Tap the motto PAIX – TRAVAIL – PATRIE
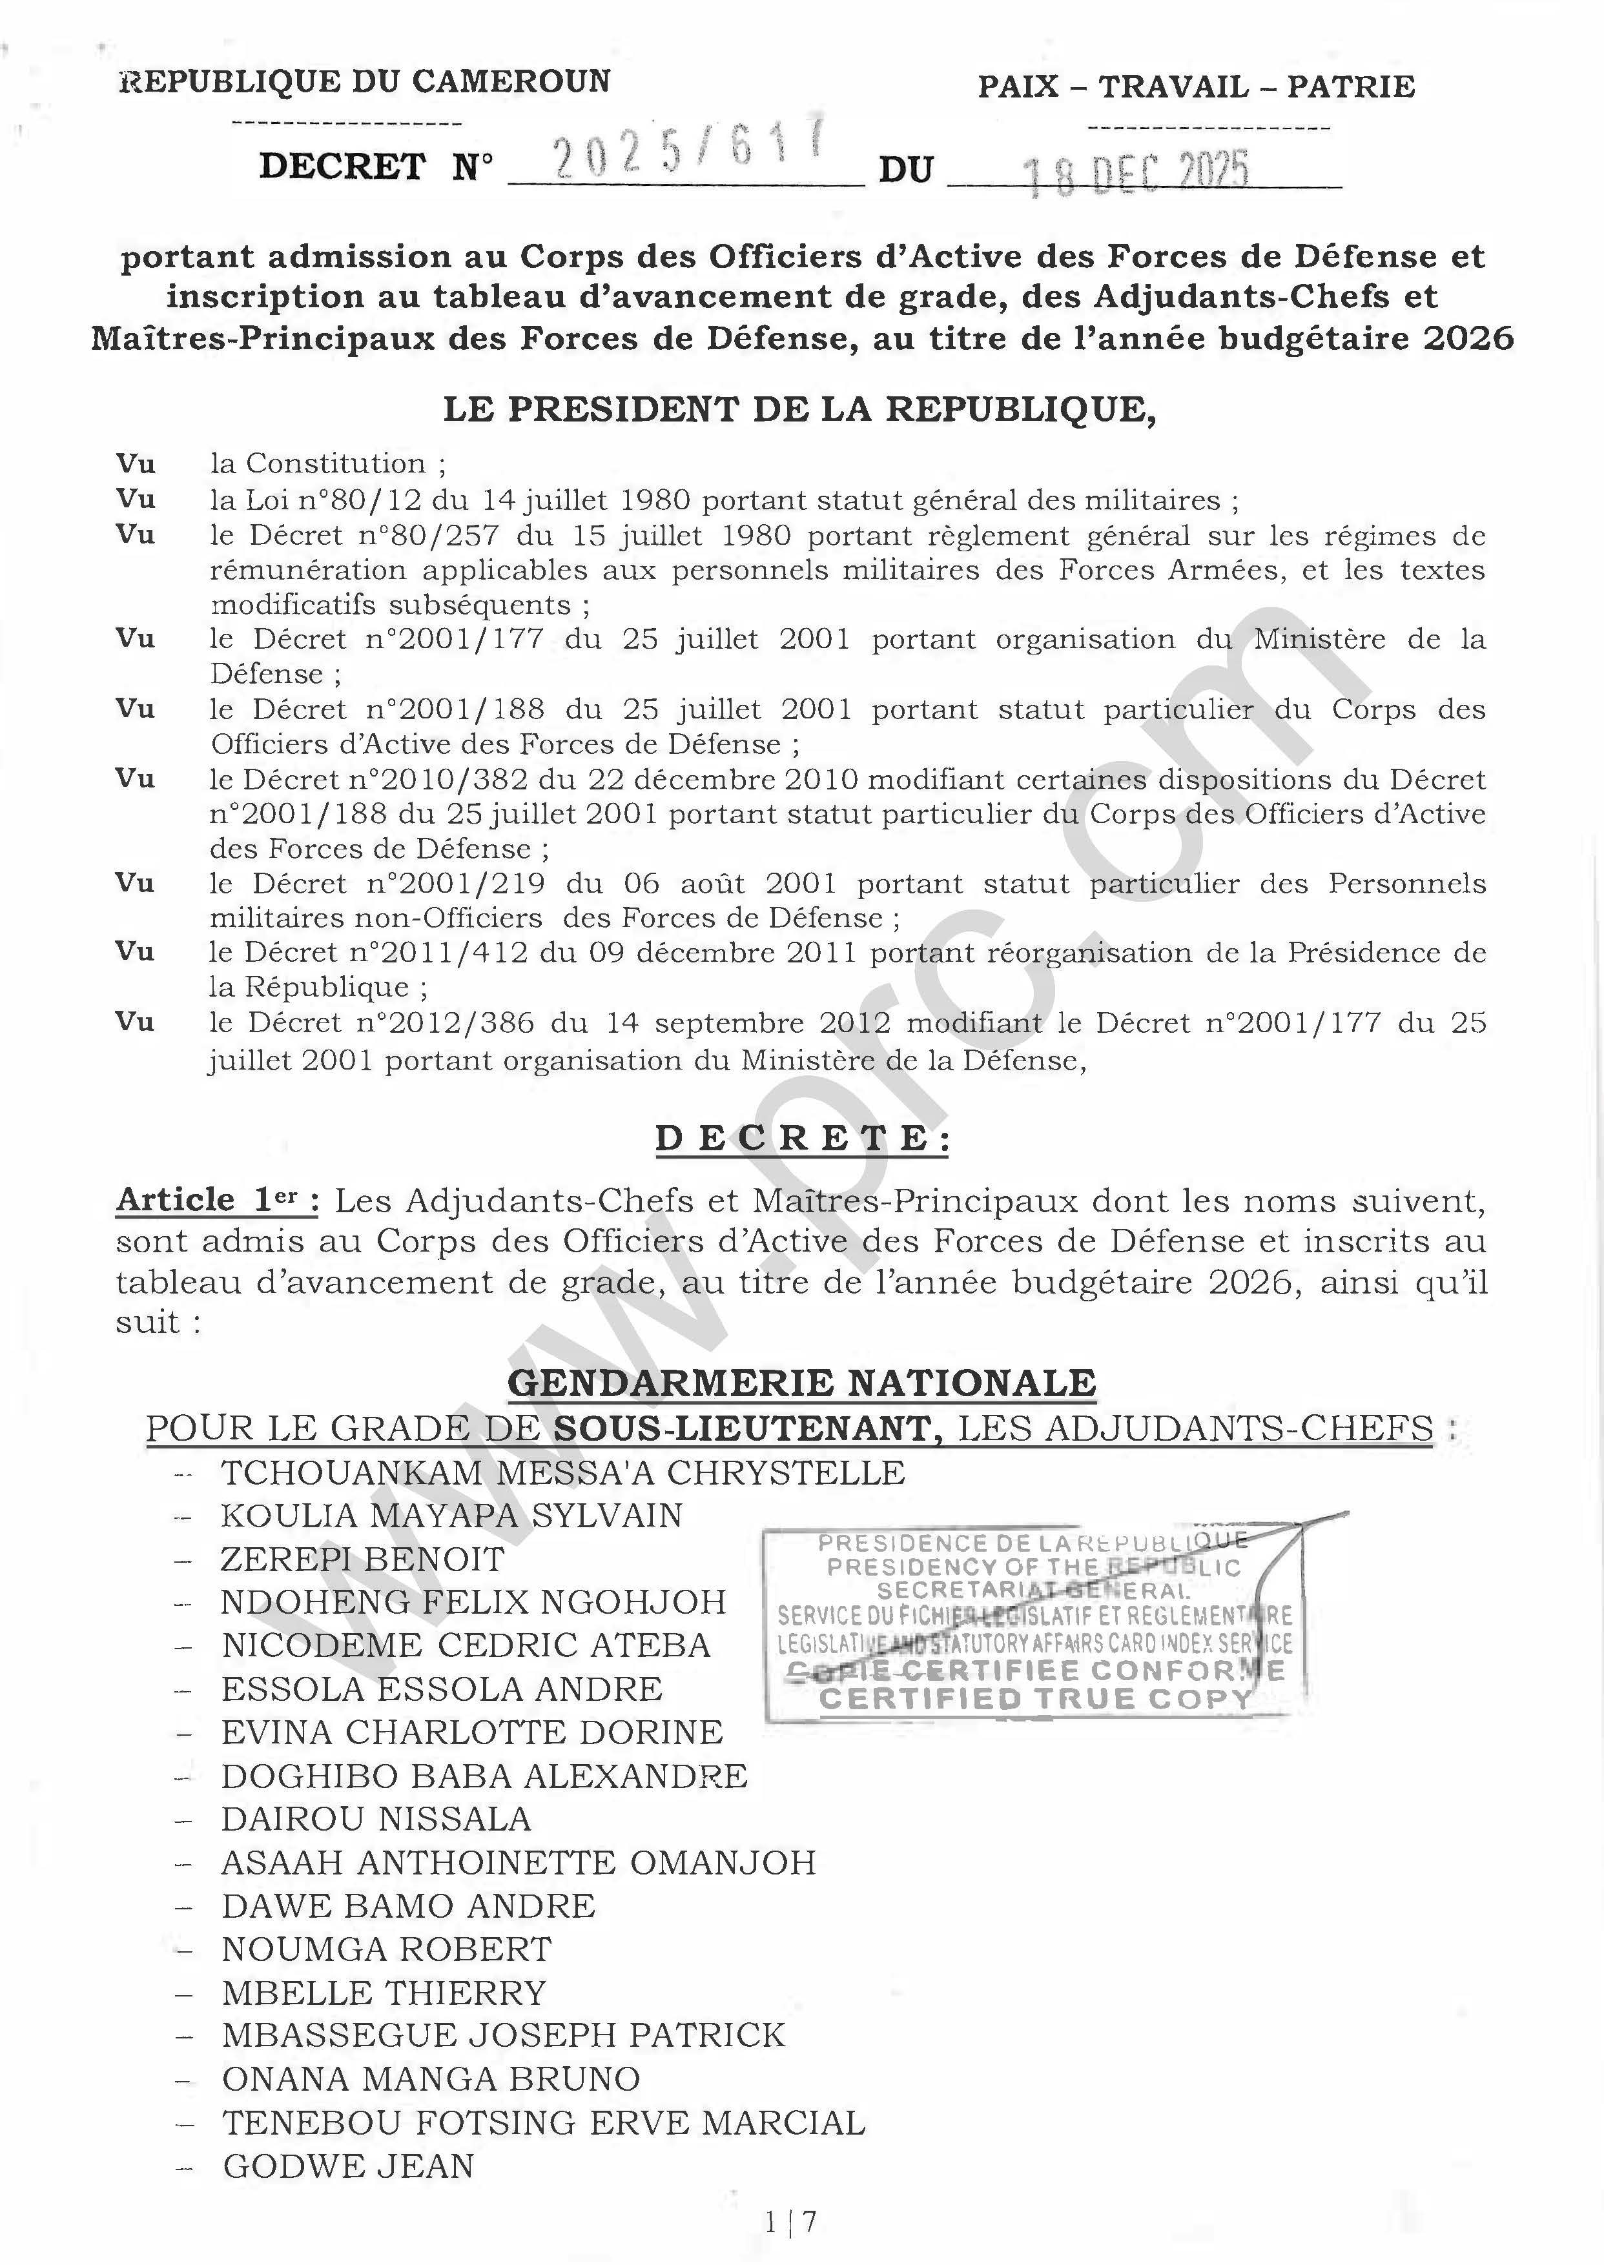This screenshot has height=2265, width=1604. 1196,87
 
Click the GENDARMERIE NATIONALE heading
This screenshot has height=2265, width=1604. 801,1383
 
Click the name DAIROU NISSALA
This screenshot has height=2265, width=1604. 376,1819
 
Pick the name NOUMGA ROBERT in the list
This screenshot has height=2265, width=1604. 386,1949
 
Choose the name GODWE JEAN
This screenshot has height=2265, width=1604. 349,2166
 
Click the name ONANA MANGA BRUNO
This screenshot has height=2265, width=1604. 431,2078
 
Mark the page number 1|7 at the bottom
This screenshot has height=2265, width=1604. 790,2222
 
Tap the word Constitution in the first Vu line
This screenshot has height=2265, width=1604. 336,463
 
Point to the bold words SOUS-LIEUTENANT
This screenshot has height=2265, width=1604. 742,1428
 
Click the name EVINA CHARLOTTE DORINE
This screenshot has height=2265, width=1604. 472,1732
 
